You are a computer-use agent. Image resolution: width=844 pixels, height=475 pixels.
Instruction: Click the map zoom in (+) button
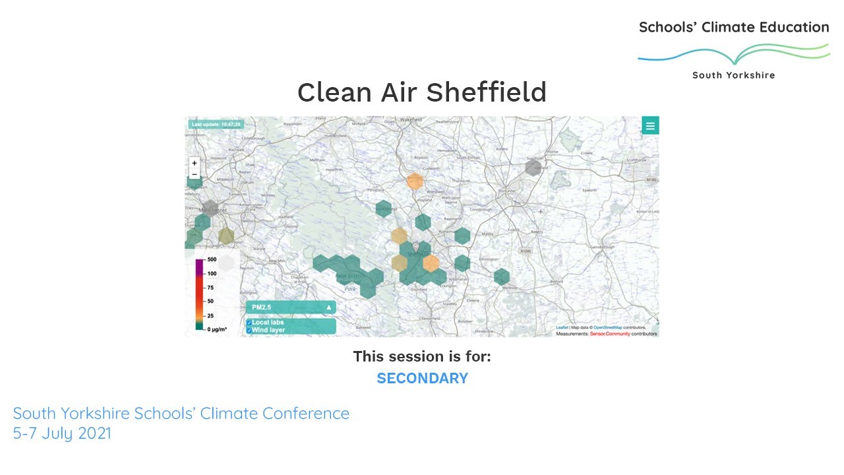click(x=195, y=163)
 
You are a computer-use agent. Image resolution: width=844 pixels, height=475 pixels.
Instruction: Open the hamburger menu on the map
click(x=650, y=126)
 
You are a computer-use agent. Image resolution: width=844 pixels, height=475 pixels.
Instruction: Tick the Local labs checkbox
click(x=249, y=323)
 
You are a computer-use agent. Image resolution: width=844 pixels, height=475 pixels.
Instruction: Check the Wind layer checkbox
click(x=249, y=330)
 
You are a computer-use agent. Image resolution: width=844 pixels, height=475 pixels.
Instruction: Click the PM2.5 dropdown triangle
click(x=328, y=307)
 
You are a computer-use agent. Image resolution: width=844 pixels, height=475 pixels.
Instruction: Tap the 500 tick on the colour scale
click(x=212, y=260)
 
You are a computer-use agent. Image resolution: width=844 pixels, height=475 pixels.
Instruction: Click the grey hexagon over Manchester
click(x=210, y=209)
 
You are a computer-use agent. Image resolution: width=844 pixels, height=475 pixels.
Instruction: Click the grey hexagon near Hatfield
click(x=533, y=168)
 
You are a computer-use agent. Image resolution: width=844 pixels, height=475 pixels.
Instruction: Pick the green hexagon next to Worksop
click(x=502, y=276)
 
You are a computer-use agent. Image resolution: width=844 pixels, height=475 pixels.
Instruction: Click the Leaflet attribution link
click(x=562, y=327)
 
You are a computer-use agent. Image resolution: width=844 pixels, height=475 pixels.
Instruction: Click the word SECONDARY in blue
click(x=422, y=379)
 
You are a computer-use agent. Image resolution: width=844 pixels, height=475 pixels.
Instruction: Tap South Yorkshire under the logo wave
click(x=733, y=75)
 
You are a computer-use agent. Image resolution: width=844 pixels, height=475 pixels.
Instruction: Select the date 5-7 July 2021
click(x=62, y=433)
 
